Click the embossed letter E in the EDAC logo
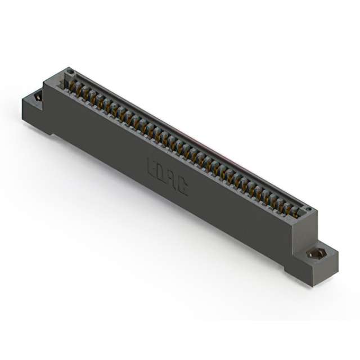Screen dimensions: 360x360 pyautogui.click(x=151, y=165)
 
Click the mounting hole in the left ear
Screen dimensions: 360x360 pyautogui.click(x=38, y=97)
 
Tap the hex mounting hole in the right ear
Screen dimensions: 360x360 pyautogui.click(x=317, y=254)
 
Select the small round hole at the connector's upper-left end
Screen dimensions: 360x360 pyautogui.click(x=70, y=72)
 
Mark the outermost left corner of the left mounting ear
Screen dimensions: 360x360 pyautogui.click(x=23, y=102)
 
